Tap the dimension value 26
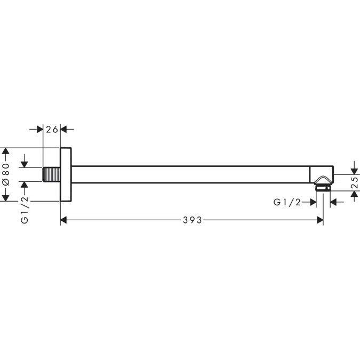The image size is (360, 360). click(x=52, y=129)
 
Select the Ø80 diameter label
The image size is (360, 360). click(x=6, y=174)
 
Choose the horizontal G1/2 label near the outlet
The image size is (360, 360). click(x=287, y=202)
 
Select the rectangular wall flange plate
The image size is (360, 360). click(x=66, y=174)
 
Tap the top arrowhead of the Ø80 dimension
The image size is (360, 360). click(x=6, y=151)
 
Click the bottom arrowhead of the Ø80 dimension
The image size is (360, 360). click(x=6, y=197)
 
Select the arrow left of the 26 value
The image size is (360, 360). click(x=39, y=129)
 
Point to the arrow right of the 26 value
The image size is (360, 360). click(x=64, y=129)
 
